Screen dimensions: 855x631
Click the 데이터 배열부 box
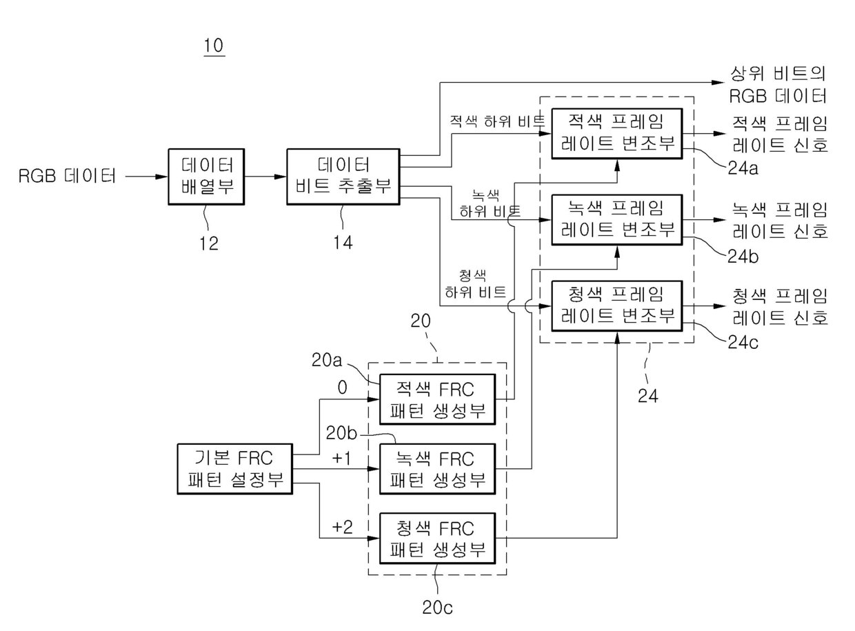point(206,177)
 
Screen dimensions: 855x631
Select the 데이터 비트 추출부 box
point(343,177)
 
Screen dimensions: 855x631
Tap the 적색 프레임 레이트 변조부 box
point(616,134)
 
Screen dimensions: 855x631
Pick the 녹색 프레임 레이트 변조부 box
point(616,220)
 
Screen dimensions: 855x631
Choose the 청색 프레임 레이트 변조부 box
point(616,306)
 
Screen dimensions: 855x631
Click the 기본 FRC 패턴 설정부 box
point(234,469)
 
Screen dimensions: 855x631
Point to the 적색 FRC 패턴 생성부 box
point(438,399)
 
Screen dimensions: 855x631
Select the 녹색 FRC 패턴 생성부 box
point(438,469)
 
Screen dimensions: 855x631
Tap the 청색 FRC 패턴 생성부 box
point(438,538)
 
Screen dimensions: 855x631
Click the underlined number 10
point(214,46)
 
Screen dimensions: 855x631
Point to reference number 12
point(208,243)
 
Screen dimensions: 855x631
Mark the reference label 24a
point(743,168)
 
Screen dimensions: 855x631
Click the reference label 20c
point(437,608)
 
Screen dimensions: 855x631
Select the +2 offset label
point(342,527)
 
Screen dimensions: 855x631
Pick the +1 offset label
point(341,458)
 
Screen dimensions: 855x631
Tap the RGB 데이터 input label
point(67,176)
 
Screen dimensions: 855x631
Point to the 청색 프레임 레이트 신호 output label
point(780,307)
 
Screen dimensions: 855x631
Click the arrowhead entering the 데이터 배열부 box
point(161,177)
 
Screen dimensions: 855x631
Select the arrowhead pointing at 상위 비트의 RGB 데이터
point(718,82)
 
